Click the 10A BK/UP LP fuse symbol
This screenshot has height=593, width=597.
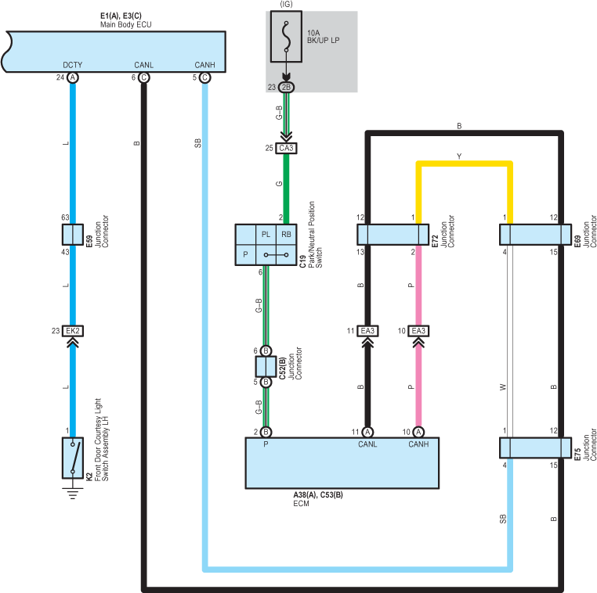pyautogui.click(x=286, y=37)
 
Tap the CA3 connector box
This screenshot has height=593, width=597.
pyautogui.click(x=286, y=148)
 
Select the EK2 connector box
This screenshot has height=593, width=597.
pyautogui.click(x=73, y=331)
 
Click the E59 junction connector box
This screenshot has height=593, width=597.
pyautogui.click(x=73, y=235)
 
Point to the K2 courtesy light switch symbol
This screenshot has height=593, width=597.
pyautogui.click(x=73, y=458)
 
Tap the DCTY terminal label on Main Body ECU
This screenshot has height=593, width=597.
pyautogui.click(x=72, y=65)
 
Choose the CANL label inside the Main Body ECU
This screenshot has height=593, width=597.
pyautogui.click(x=143, y=65)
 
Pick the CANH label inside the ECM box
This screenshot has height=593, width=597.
pyautogui.click(x=418, y=444)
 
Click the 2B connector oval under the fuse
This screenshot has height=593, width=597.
pyautogui.click(x=286, y=87)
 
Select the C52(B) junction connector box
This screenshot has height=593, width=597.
pyautogui.click(x=266, y=366)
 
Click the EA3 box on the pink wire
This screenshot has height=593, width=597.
pyautogui.click(x=418, y=331)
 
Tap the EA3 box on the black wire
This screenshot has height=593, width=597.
pyautogui.click(x=367, y=331)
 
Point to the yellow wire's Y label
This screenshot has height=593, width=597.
pyautogui.click(x=459, y=156)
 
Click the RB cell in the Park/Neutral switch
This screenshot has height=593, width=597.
pyautogui.click(x=286, y=235)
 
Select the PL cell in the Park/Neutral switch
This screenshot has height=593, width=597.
pyautogui.click(x=266, y=235)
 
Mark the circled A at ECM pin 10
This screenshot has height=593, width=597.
pyautogui.click(x=418, y=432)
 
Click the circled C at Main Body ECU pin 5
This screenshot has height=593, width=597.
pyautogui.click(x=204, y=77)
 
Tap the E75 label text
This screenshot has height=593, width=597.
pyautogui.click(x=577, y=455)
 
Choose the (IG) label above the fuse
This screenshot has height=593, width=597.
pyautogui.click(x=286, y=4)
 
